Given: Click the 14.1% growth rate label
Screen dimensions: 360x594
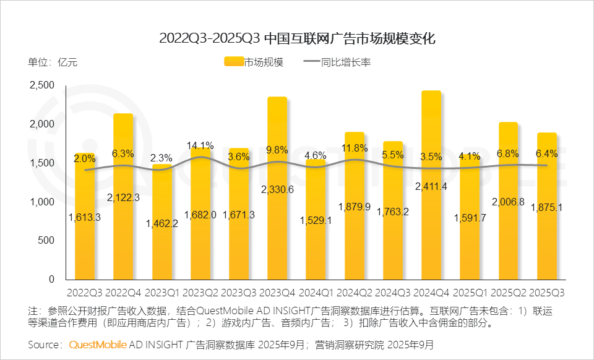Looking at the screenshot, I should coord(200,146).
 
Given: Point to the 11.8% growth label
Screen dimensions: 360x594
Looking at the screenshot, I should coord(355,148).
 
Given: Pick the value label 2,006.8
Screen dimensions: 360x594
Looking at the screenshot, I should coord(509,202).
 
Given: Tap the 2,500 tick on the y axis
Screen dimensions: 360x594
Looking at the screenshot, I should coord(43,85).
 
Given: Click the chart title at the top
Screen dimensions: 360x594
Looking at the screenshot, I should coord(297,38).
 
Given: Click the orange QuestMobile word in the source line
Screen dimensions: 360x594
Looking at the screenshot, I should coord(98,344).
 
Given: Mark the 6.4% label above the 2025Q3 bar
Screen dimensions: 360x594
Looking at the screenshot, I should coord(547,153).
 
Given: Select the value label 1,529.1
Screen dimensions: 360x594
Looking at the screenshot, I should coord(316,220).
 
